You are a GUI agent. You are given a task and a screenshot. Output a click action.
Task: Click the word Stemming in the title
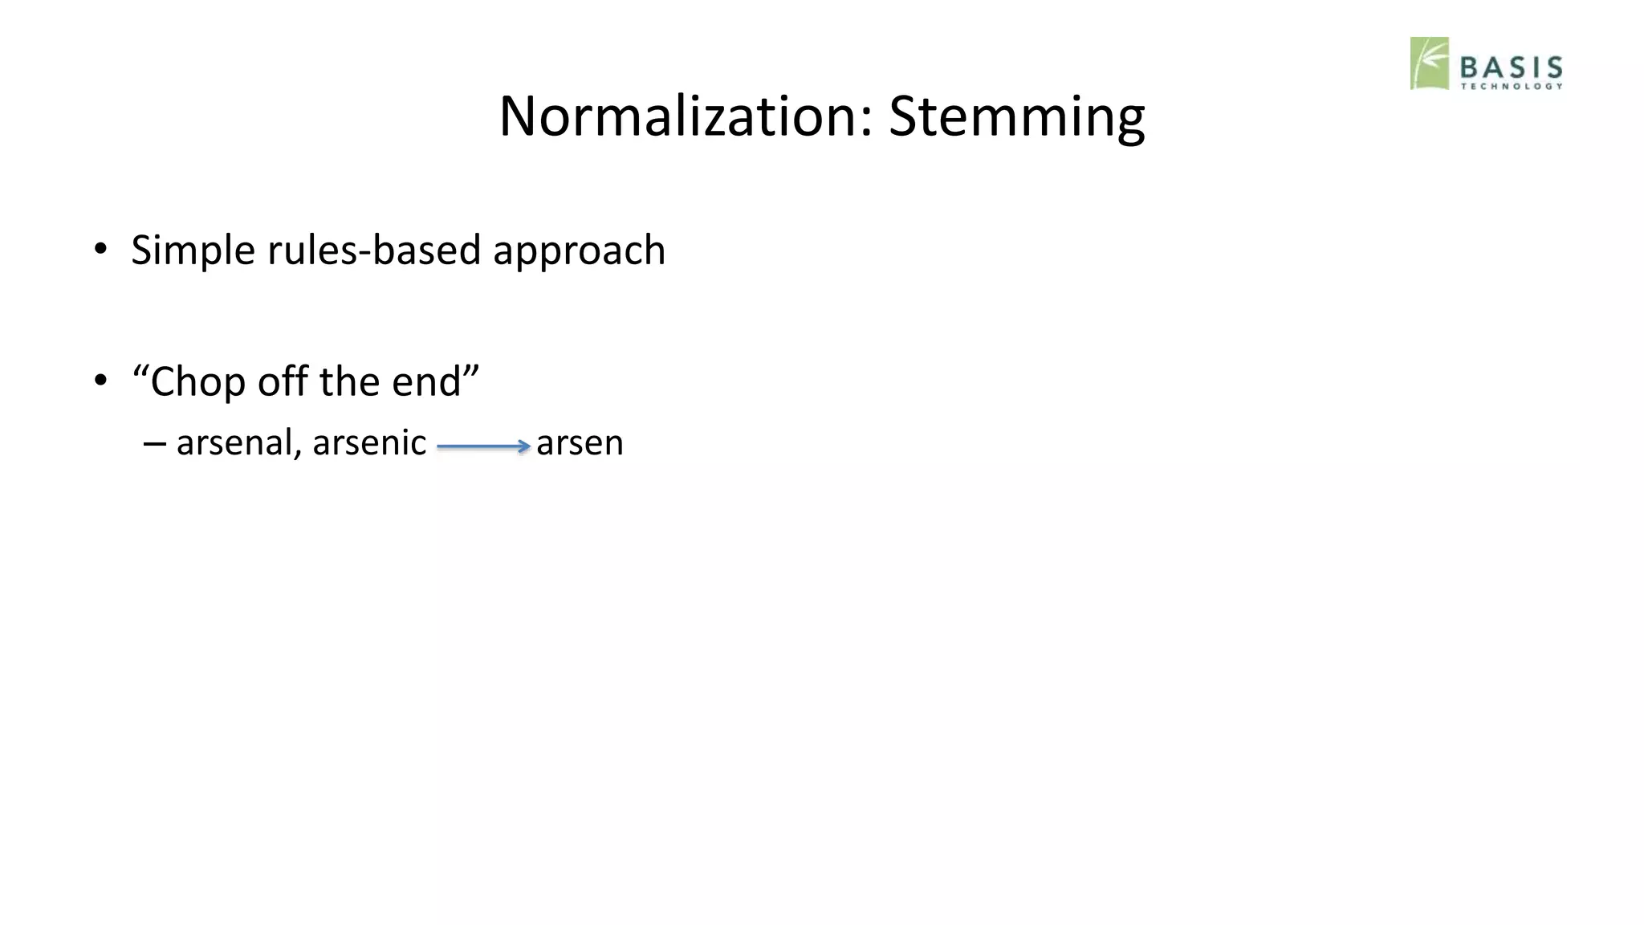1016,117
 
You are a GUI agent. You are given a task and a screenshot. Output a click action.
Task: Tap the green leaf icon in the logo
1429,63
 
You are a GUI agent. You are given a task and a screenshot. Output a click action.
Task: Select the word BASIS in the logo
1511,67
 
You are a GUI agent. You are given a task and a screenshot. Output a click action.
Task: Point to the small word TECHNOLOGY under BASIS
1511,87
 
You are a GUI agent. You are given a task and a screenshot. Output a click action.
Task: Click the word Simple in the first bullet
193,251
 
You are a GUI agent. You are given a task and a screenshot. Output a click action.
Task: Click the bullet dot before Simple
100,248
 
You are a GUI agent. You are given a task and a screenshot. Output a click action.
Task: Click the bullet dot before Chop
100,380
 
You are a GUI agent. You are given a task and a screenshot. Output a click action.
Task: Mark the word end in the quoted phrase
425,381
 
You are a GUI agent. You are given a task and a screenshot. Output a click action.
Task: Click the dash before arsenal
155,442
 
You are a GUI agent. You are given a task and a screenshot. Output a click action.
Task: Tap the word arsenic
369,443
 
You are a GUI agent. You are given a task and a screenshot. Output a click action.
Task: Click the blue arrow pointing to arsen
483,446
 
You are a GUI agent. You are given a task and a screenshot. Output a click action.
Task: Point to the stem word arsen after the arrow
580,443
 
